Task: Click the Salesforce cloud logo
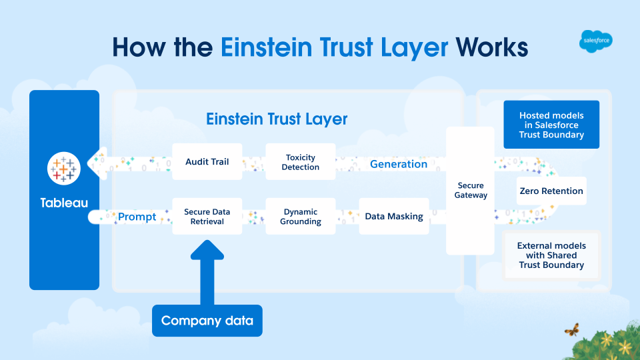tap(595, 42)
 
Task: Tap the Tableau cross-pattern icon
tap(64, 168)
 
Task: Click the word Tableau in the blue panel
tap(64, 202)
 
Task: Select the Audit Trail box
tap(207, 161)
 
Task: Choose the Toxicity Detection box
tap(300, 162)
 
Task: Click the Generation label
tap(399, 164)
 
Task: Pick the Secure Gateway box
tap(471, 191)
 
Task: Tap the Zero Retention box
tap(551, 191)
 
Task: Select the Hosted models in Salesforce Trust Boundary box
tap(551, 125)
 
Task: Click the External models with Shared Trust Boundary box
tap(551, 255)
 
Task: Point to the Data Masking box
tap(393, 216)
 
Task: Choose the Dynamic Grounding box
tap(300, 217)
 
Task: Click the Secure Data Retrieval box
tap(207, 217)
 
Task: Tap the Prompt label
tap(137, 217)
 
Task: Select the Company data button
tap(207, 321)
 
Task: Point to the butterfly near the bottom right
tap(571, 329)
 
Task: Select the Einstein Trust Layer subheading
tap(277, 119)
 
